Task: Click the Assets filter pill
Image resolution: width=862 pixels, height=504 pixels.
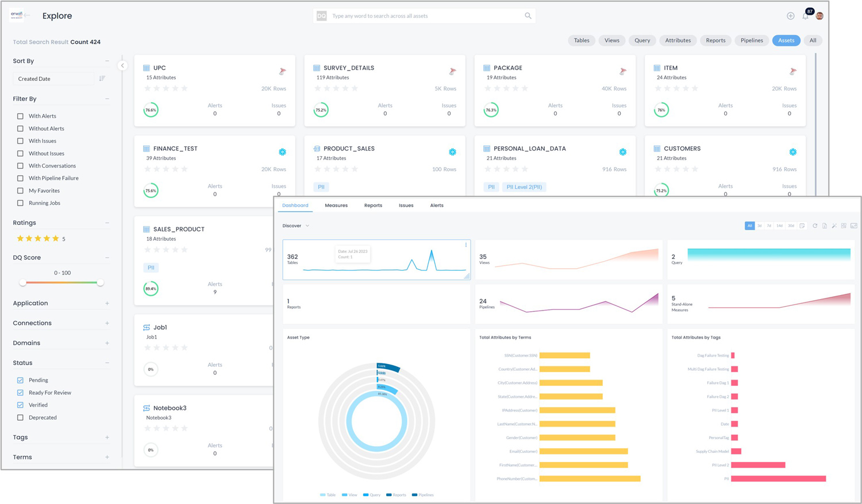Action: coord(786,40)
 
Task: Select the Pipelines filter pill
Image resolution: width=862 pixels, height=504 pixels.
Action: coord(751,40)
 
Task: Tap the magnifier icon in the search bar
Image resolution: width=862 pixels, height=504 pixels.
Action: coord(528,16)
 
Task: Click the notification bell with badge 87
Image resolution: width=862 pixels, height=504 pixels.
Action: coord(805,16)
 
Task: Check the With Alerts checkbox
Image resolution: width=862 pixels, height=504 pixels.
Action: coord(20,116)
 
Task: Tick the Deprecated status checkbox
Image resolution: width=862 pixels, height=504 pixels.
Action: coord(20,417)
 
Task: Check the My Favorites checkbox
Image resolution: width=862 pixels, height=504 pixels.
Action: coord(20,191)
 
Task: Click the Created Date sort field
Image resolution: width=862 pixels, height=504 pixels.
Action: coord(53,79)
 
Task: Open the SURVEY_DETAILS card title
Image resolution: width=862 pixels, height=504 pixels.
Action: coord(348,68)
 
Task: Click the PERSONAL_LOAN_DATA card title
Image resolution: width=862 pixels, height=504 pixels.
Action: coord(529,149)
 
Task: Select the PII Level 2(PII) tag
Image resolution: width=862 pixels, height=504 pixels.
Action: coord(524,187)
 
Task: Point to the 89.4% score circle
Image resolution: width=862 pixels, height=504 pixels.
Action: coord(151,289)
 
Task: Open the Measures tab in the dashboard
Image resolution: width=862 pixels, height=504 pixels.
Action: coord(336,206)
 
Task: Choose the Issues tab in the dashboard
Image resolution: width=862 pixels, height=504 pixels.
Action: coord(406,206)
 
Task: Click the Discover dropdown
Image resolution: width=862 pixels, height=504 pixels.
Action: coord(296,226)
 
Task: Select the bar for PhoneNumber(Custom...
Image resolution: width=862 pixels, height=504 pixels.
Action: coord(590,479)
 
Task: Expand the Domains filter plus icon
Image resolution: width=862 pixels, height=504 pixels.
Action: coord(107,343)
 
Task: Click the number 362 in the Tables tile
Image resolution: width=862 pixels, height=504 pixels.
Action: coord(292,257)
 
